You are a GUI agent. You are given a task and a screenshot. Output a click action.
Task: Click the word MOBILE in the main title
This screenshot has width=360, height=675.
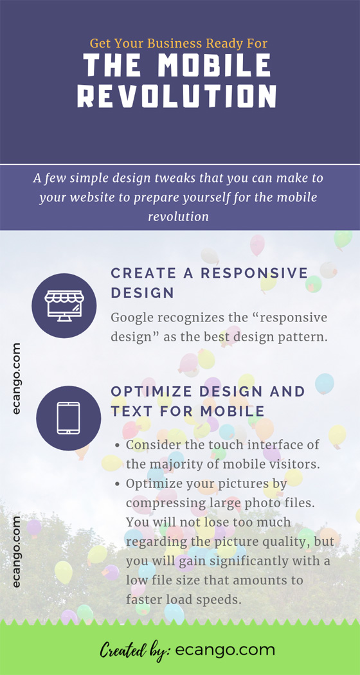coord(214,66)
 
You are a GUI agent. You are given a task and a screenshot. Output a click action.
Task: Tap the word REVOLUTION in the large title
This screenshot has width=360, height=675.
coord(177,96)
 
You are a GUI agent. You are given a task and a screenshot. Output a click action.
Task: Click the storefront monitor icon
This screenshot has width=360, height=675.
coord(63,305)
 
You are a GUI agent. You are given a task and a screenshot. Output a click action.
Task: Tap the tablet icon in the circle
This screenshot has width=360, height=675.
coord(68,418)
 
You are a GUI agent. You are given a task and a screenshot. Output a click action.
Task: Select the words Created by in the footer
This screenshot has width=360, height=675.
coord(134,650)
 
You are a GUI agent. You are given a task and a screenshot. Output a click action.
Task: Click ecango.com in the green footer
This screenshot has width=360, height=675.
coord(226,650)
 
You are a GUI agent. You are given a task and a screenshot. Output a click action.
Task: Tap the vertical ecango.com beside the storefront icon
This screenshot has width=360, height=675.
coord(17,379)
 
